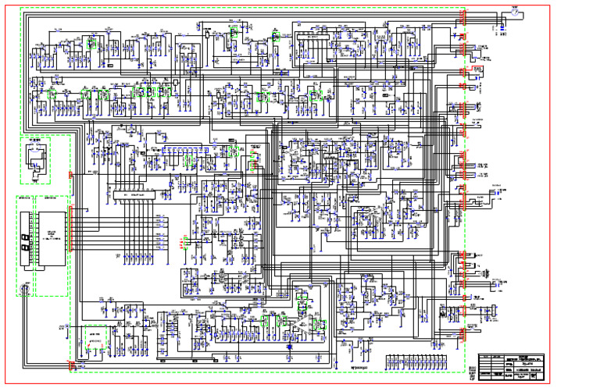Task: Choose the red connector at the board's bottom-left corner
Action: [x=72, y=365]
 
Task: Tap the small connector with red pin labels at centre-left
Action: [x=183, y=242]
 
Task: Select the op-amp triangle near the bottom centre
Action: [x=301, y=323]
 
